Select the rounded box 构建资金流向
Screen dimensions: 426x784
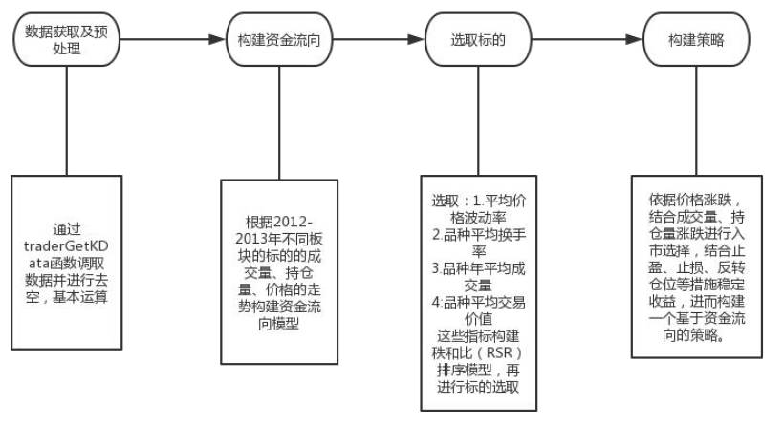[279, 40]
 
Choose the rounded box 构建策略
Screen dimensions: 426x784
[695, 40]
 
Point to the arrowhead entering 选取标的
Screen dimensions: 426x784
[415, 40]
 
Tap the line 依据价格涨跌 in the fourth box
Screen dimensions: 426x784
[695, 200]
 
